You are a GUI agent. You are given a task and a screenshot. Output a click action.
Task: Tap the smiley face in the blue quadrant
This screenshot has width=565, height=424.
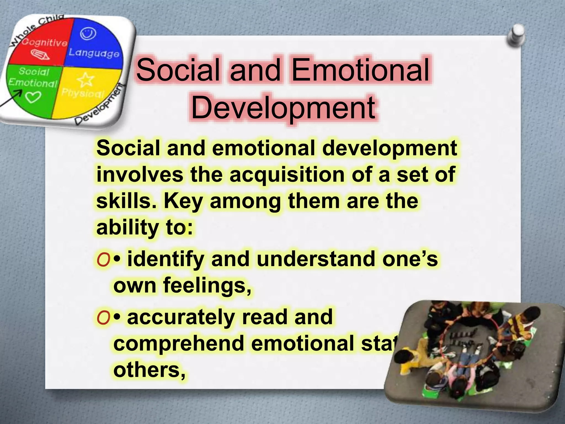click(x=88, y=34)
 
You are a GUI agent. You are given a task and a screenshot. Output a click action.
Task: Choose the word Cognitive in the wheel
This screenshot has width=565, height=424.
click(x=44, y=43)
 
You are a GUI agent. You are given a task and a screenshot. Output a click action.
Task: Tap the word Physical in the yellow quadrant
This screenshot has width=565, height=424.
click(x=83, y=93)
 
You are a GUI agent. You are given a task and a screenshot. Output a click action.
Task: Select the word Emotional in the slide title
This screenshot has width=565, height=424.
click(x=360, y=70)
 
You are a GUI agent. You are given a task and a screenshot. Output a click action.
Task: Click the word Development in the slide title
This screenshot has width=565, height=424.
click(x=283, y=108)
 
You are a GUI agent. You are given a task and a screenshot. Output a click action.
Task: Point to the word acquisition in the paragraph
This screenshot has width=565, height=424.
click(x=287, y=175)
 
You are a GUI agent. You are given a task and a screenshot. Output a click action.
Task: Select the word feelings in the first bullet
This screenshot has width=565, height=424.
click(x=207, y=285)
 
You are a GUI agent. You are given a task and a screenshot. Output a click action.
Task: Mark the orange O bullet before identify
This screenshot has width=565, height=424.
click(x=103, y=260)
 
